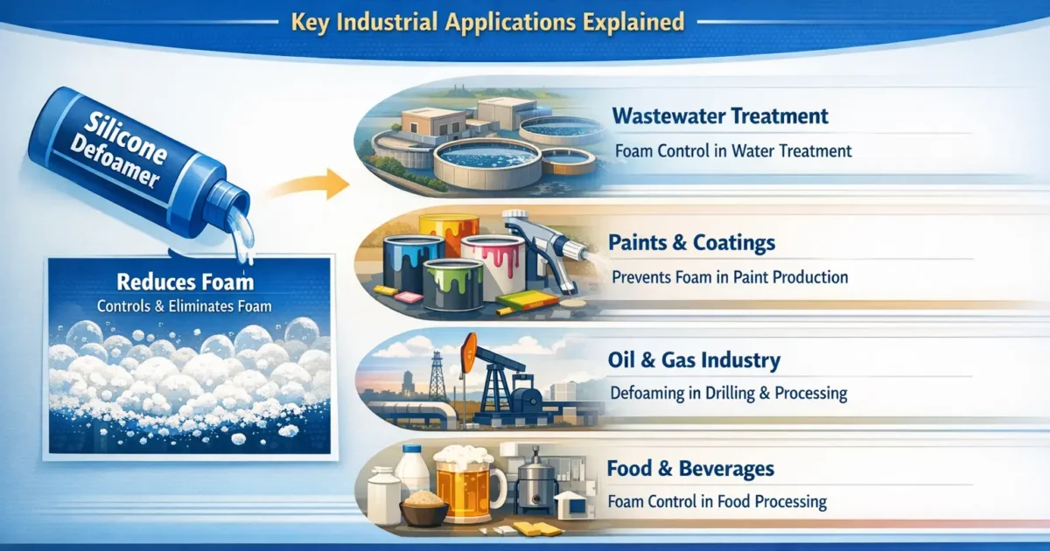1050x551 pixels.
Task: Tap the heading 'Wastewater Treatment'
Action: tap(720, 115)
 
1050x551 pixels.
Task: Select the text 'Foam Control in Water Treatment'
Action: tap(733, 150)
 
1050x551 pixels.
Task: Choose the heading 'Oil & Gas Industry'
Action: tap(693, 359)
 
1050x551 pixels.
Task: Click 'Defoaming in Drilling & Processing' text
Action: tap(727, 393)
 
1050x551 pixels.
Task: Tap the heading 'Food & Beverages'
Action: tap(690, 469)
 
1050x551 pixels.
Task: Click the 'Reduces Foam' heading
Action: tap(185, 282)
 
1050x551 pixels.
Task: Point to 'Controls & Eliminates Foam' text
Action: tap(185, 306)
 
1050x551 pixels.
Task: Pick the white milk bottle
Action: tap(411, 472)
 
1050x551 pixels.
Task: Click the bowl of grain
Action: tap(424, 509)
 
